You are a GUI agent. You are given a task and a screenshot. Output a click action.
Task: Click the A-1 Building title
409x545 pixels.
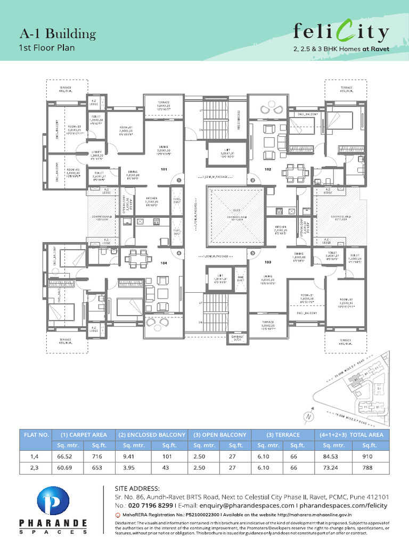click(x=58, y=35)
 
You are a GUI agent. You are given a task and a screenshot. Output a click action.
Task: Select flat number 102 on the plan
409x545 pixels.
click(x=268, y=170)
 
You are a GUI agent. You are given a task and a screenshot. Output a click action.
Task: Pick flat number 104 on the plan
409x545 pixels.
click(x=164, y=263)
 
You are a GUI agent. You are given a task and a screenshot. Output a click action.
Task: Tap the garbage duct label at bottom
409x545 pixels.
click(x=237, y=337)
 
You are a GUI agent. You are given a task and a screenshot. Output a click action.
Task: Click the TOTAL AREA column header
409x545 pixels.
click(x=352, y=435)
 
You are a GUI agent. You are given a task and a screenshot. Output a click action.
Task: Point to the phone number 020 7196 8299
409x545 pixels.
click(x=144, y=505)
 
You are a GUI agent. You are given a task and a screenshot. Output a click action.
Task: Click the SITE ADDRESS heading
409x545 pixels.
click(x=137, y=488)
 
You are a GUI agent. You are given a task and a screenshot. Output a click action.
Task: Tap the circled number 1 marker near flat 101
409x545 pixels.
click(x=179, y=181)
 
